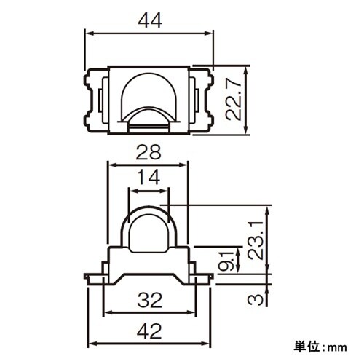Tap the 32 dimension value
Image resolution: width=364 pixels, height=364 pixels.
pos(149,298)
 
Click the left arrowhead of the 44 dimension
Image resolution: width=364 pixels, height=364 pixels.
pos(90,33)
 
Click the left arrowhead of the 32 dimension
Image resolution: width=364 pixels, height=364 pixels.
pos(107,312)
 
